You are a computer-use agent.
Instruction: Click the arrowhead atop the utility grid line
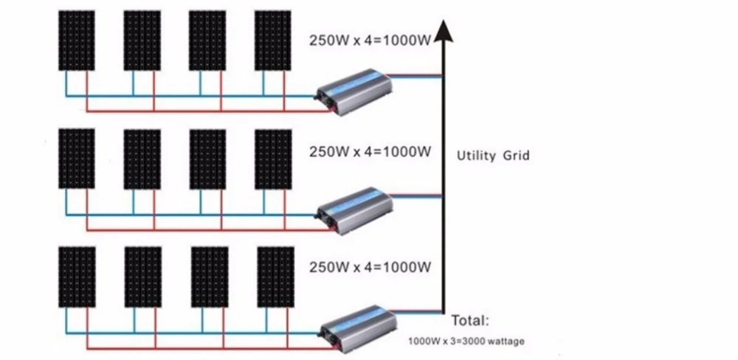pos(443,32)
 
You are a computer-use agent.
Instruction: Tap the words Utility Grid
pos(493,156)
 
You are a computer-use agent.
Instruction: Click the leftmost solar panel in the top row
pos(76,41)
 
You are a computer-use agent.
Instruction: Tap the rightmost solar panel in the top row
pos(272,41)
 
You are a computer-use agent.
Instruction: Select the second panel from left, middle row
pos(142,159)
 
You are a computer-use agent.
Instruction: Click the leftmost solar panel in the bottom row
pos(77,277)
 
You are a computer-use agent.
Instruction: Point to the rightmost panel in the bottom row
pos(275,277)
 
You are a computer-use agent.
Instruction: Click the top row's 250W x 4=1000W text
pos(369,40)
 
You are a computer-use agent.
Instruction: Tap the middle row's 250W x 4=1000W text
pos(369,152)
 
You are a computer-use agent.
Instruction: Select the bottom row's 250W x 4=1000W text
pos(369,266)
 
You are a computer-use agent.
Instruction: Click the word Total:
pos(470,322)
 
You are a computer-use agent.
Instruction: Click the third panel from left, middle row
pos(207,159)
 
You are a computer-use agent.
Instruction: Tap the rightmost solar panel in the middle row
pos(273,159)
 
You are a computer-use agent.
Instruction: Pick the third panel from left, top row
pos(207,41)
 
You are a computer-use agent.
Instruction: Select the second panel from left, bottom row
pos(143,277)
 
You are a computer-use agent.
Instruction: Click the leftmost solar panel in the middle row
pos(76,159)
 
